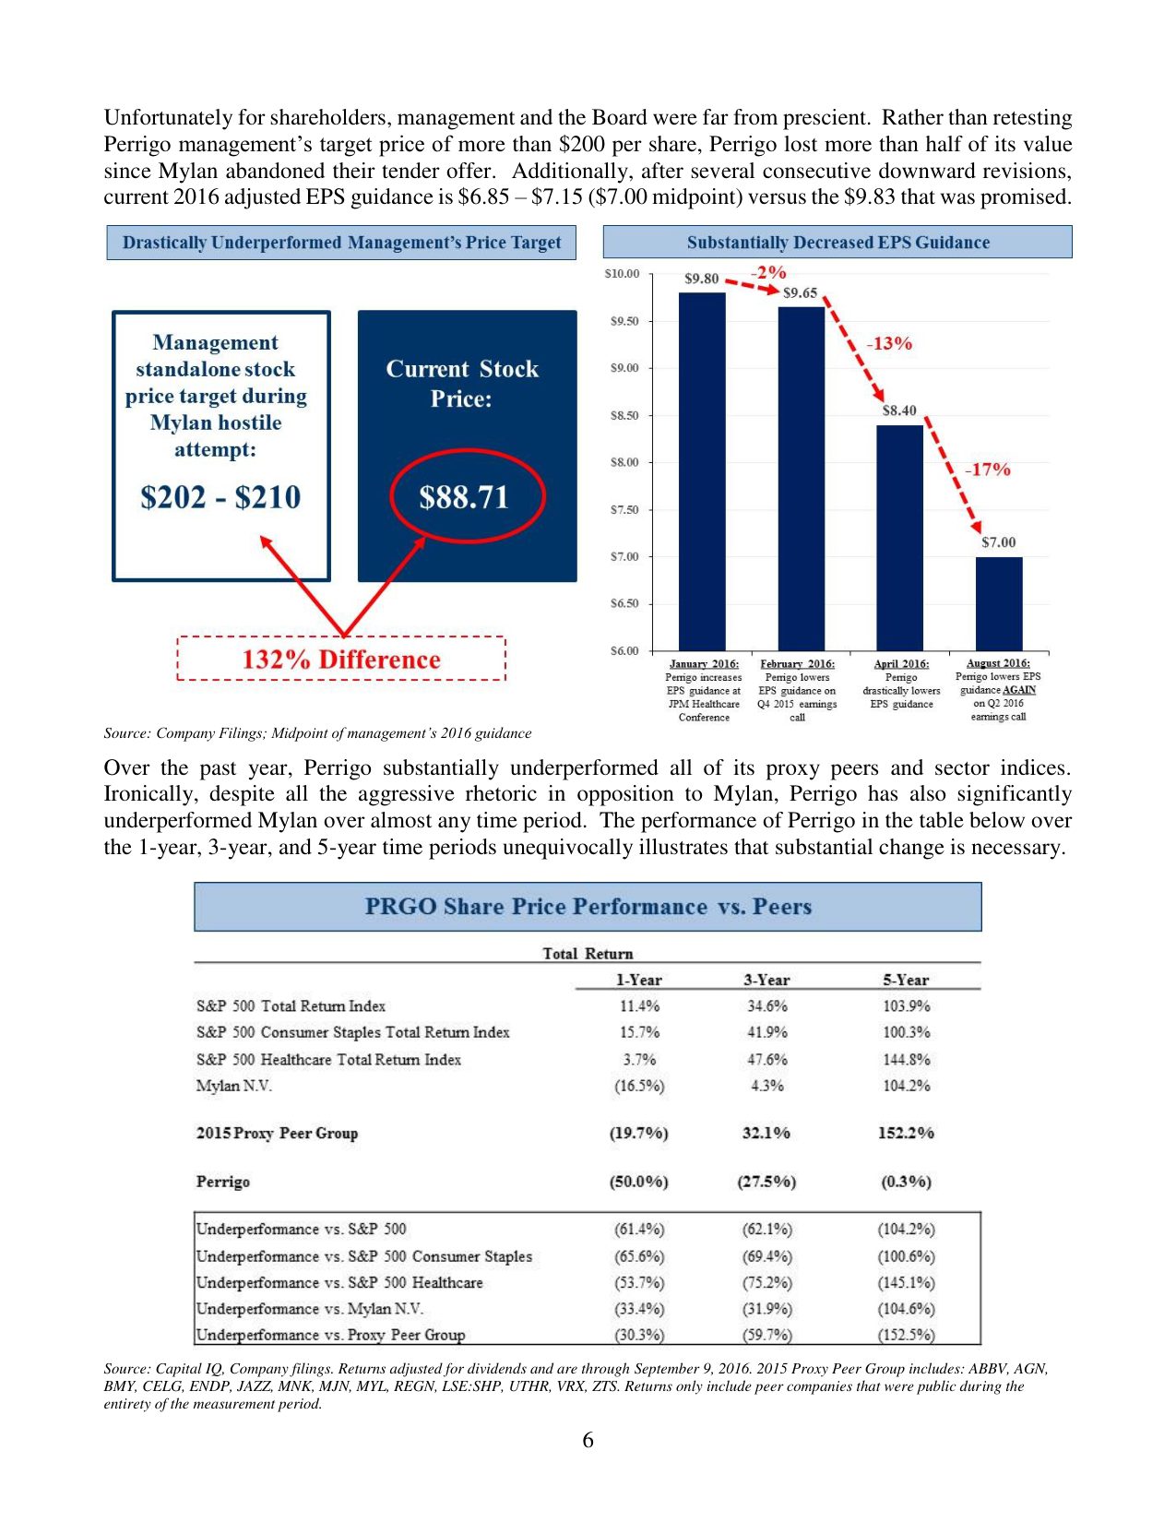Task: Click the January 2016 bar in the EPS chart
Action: (x=702, y=470)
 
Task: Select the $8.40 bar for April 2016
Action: (x=899, y=537)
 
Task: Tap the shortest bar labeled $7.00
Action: (x=999, y=603)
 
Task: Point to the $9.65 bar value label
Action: (x=800, y=293)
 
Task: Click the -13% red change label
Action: (x=889, y=343)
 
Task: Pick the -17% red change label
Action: (x=988, y=470)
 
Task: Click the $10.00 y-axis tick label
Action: (x=622, y=274)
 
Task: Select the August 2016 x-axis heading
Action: (x=998, y=663)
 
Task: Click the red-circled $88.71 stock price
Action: (x=464, y=497)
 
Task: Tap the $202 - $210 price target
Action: (x=220, y=497)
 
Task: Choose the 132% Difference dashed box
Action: (x=341, y=659)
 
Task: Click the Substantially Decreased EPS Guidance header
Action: (x=837, y=243)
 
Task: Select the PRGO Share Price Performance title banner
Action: (x=588, y=907)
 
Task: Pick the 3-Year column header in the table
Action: (x=766, y=980)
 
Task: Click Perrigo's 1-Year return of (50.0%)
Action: (x=638, y=1182)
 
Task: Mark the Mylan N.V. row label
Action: (x=234, y=1086)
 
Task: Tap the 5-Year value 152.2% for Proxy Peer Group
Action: (x=906, y=1133)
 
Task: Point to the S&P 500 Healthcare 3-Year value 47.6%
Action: (x=766, y=1059)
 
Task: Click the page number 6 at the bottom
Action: (x=588, y=1440)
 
